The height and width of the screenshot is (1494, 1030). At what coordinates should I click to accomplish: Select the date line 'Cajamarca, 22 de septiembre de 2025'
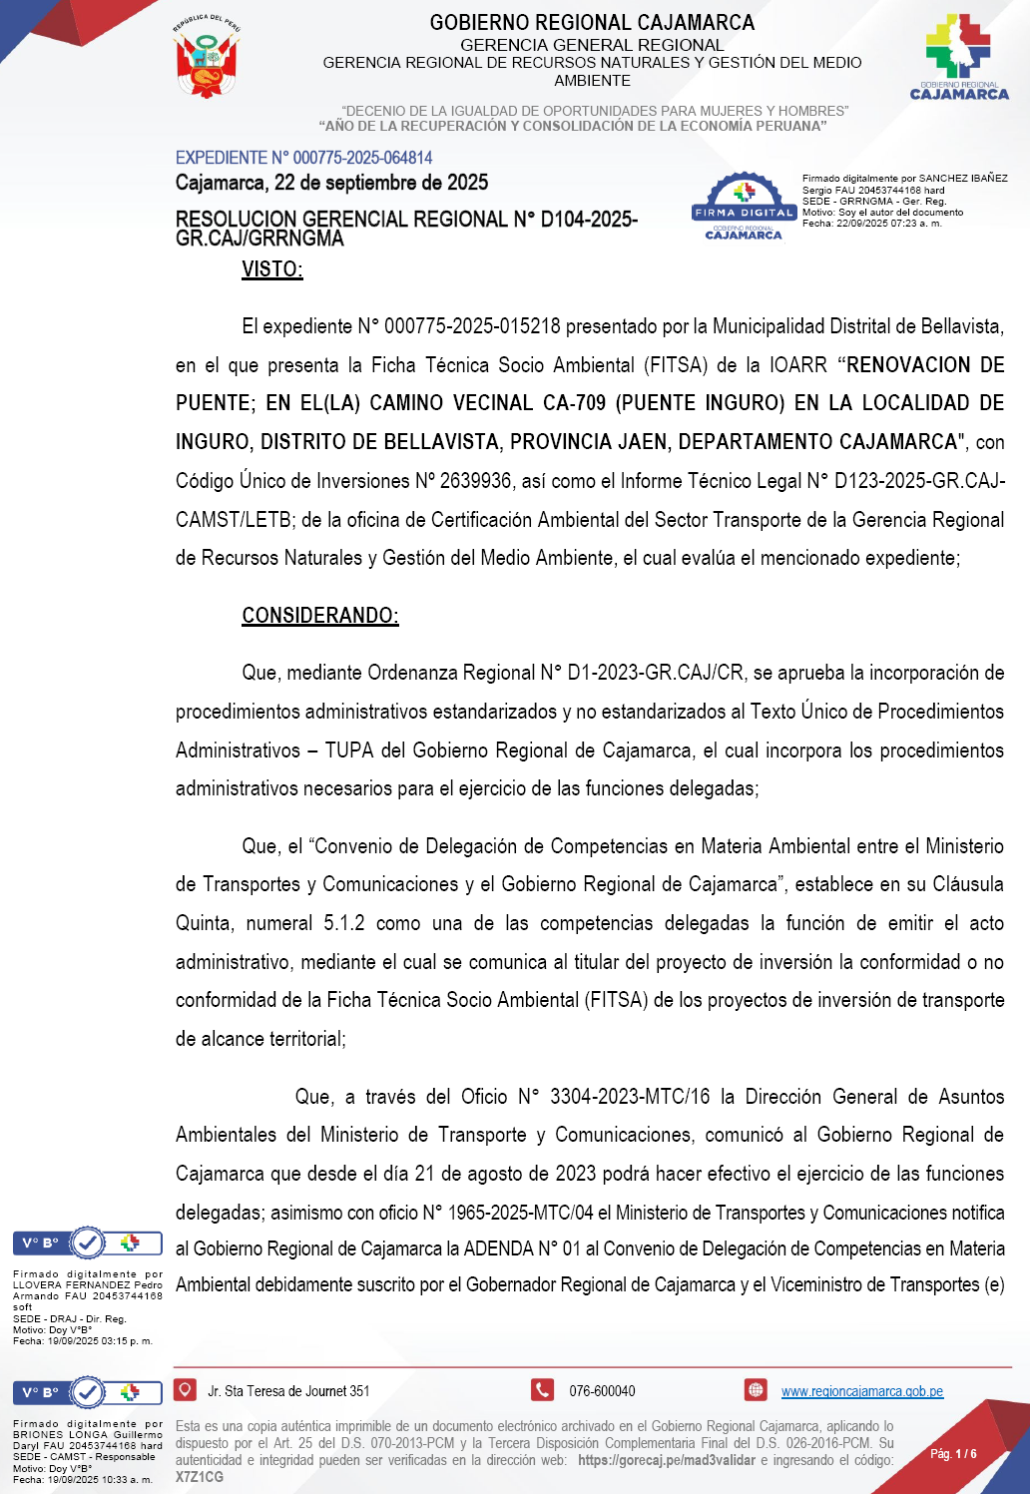pyautogui.click(x=331, y=183)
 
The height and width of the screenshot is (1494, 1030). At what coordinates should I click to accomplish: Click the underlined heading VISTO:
pyautogui.click(x=271, y=269)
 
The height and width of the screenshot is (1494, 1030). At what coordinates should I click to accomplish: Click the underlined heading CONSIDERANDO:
pyautogui.click(x=319, y=615)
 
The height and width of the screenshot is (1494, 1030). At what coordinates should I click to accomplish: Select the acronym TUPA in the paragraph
pyautogui.click(x=349, y=750)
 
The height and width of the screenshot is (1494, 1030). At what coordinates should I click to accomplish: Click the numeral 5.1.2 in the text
pyautogui.click(x=343, y=923)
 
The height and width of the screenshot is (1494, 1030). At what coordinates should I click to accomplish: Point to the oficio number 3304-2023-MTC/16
pyautogui.click(x=629, y=1097)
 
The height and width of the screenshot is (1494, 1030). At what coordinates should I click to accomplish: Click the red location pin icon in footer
pyautogui.click(x=185, y=1389)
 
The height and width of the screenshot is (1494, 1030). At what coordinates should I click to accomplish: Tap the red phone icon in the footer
pyautogui.click(x=542, y=1389)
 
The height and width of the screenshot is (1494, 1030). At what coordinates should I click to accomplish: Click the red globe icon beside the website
pyautogui.click(x=756, y=1389)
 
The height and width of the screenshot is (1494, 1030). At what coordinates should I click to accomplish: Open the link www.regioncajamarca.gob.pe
pyautogui.click(x=861, y=1391)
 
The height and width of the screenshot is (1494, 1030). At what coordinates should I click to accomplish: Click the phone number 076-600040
pyautogui.click(x=602, y=1391)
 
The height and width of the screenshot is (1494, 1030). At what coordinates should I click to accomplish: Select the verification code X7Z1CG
pyautogui.click(x=200, y=1477)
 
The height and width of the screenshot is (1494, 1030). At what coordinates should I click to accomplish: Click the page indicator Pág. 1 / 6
pyautogui.click(x=953, y=1453)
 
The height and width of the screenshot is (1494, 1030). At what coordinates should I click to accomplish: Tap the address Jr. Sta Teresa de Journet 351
pyautogui.click(x=288, y=1391)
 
